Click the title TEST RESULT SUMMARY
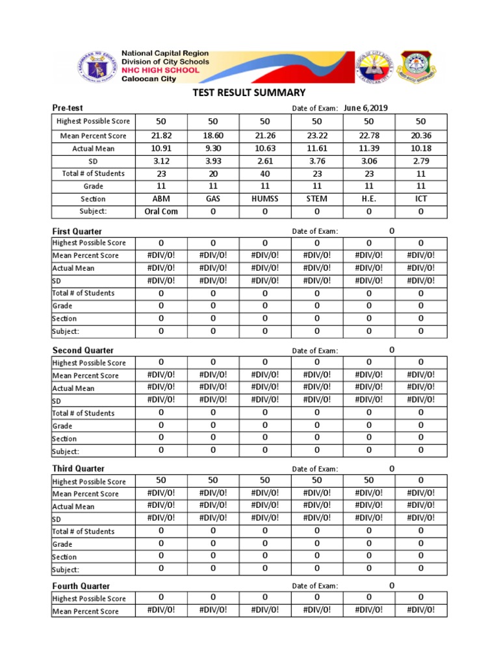tap(249, 93)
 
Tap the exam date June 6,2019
tap(366, 108)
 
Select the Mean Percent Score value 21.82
tap(161, 136)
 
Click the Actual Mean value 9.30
tap(213, 149)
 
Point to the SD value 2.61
tap(265, 161)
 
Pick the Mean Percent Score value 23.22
tap(317, 136)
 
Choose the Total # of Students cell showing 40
tap(265, 173)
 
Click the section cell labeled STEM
tap(317, 199)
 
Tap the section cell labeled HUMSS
tap(265, 199)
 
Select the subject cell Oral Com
tap(161, 211)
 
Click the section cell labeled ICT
tap(420, 199)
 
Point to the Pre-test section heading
tap(68, 108)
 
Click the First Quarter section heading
tap(77, 231)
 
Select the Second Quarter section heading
tap(83, 350)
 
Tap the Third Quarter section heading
tap(78, 468)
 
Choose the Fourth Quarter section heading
tap(81, 586)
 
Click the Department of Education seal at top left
tap(94, 66)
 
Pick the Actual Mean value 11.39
tap(368, 149)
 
